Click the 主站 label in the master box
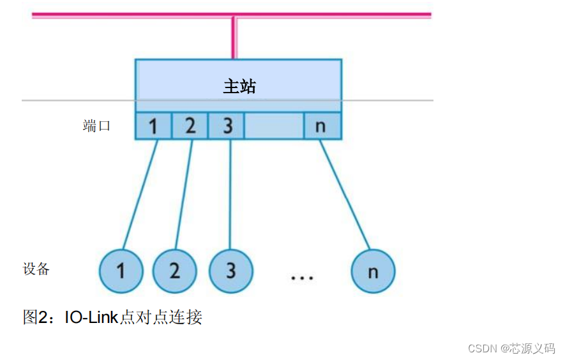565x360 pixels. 239,86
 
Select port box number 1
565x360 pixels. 153,126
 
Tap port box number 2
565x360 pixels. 190,126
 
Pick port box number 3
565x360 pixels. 227,126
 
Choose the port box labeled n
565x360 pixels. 321,126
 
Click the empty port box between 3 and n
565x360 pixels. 274,126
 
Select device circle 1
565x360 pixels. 121,271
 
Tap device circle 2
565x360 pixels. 175,271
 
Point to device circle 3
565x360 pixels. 230,271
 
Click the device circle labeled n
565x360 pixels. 373,271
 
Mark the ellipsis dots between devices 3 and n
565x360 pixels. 301,278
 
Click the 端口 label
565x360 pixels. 97,126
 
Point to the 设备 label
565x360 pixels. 36,269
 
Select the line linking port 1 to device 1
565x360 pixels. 140,194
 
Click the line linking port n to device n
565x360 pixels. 345,194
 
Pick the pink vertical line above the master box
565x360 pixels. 234,38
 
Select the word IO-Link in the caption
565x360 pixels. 92,317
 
